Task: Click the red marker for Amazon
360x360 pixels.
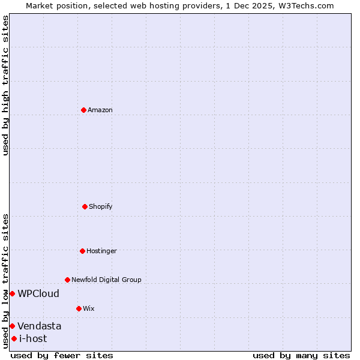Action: click(x=84, y=110)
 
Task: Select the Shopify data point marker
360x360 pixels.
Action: click(x=85, y=206)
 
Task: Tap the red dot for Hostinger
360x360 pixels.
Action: click(x=82, y=251)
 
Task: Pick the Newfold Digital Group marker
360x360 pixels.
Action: click(x=67, y=280)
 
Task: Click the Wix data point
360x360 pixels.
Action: click(x=79, y=308)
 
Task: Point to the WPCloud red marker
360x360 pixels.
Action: click(x=12, y=293)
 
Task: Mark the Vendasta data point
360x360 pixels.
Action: click(x=12, y=326)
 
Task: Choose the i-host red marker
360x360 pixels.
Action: click(x=14, y=338)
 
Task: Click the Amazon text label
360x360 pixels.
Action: click(x=100, y=110)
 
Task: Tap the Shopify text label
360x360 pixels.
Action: click(x=101, y=206)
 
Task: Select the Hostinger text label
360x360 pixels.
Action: click(x=101, y=251)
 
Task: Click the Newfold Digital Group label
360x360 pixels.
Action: click(x=106, y=280)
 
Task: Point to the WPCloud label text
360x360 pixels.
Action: click(x=38, y=293)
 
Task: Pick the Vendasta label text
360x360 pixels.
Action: click(x=39, y=326)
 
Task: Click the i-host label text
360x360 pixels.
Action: click(x=33, y=338)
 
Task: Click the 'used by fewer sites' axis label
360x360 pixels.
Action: click(x=62, y=355)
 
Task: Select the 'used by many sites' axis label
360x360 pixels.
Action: click(x=301, y=355)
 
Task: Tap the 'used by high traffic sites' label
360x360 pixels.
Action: click(x=5, y=85)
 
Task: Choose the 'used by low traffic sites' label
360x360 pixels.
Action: click(x=5, y=281)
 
